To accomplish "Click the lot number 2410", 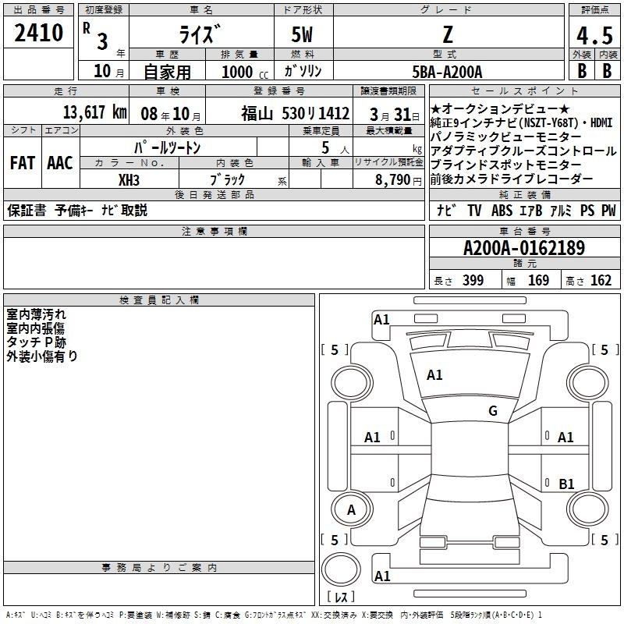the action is click(38, 33).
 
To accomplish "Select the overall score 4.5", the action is click(594, 35).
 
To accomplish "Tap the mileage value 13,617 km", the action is click(95, 112).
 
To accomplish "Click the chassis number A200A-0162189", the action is click(524, 248).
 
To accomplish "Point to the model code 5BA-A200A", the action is click(447, 72).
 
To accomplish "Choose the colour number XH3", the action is click(129, 180).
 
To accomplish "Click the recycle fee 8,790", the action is click(392, 180).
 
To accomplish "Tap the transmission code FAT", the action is click(23, 163).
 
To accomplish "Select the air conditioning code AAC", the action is click(60, 163).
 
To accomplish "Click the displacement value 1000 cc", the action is click(245, 72).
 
